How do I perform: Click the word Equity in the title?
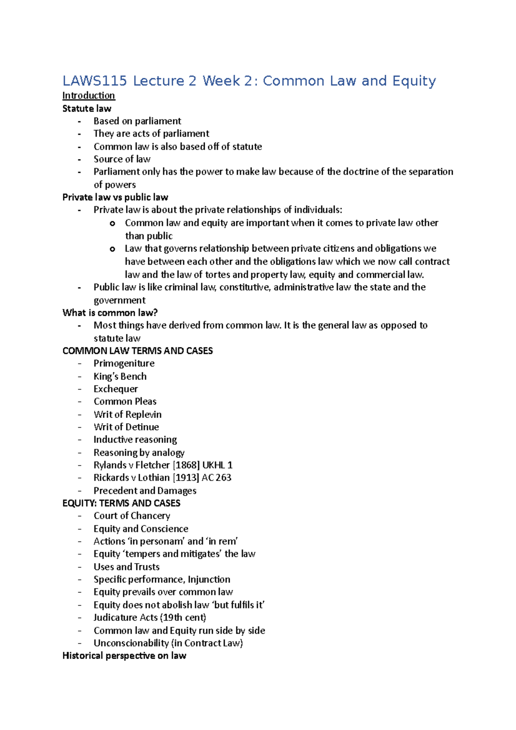(414, 81)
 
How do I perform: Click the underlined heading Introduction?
(89, 95)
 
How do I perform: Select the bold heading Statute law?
(87, 108)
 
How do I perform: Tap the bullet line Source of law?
(122, 159)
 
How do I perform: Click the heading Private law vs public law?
(115, 197)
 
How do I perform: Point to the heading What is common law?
(110, 313)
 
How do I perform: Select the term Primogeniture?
(124, 363)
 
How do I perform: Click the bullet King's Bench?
(120, 376)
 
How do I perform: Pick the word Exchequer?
(116, 389)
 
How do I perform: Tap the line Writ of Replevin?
(127, 414)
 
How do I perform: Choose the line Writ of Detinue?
(126, 427)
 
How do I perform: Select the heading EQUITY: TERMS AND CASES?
(121, 503)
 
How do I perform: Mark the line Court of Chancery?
(132, 515)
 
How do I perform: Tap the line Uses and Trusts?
(126, 567)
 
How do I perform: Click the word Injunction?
(209, 580)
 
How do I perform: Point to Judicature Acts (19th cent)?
(150, 617)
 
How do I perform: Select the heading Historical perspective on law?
(124, 656)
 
